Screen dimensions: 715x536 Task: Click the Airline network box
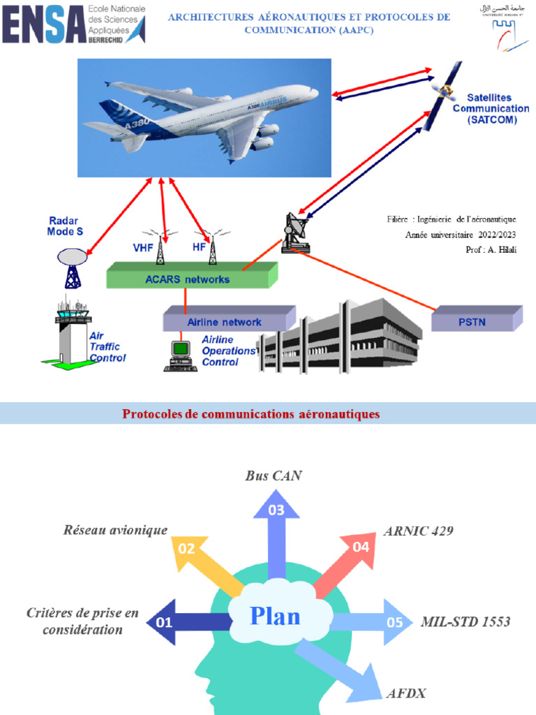(224, 322)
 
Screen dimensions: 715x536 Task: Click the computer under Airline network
(180, 354)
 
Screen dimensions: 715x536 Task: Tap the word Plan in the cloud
(275, 617)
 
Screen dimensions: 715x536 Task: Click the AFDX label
(405, 693)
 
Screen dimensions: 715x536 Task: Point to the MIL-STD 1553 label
(465, 621)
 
